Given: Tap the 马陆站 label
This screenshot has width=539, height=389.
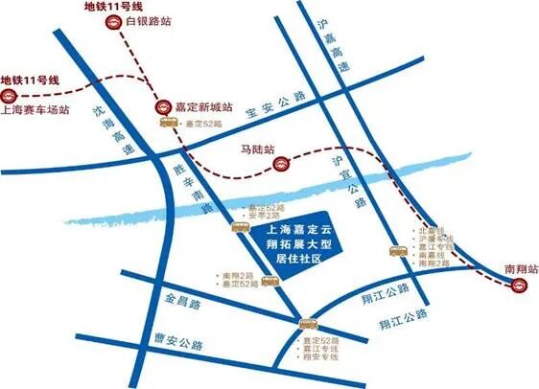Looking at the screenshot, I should click(x=257, y=149).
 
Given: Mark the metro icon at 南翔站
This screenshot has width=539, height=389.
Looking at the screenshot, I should click(x=518, y=287).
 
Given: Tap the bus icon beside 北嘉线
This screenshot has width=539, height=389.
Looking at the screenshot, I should click(x=397, y=251).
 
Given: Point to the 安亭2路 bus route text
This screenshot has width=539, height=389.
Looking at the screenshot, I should click(x=267, y=216).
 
